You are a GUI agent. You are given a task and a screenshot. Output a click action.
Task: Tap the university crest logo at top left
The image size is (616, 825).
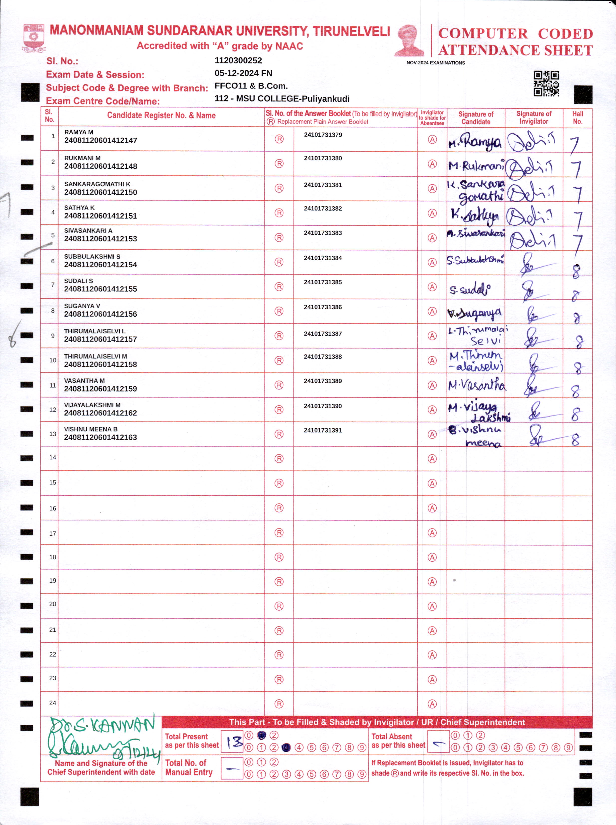pos(34,37)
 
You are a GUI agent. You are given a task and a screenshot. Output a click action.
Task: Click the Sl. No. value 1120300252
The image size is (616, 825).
pos(238,60)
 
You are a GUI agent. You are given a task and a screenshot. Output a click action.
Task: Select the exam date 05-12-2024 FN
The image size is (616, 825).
pos(243,73)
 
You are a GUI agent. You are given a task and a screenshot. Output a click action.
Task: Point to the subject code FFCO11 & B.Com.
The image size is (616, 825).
pos(251,86)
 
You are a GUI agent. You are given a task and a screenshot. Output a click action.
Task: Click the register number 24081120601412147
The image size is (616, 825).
pos(101,141)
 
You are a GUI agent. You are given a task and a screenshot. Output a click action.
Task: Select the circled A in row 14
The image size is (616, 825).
pos(432,459)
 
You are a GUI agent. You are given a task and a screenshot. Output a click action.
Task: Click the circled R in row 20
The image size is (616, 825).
pos(279,606)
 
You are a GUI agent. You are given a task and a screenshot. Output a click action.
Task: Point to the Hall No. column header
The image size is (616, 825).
pos(577,117)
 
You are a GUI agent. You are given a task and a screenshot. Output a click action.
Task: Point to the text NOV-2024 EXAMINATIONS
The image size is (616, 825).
pos(436,63)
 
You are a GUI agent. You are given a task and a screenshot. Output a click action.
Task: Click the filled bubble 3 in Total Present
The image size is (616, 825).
pos(286,748)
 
